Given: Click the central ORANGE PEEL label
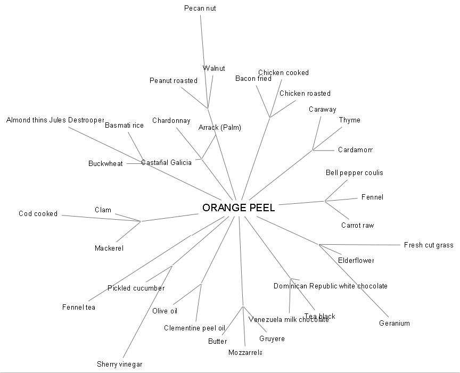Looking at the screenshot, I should (x=239, y=208).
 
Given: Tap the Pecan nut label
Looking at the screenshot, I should (x=200, y=8).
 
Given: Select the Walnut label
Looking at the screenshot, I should (x=214, y=68).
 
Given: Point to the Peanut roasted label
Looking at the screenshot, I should (x=174, y=80).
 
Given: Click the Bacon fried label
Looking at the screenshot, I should (x=253, y=79).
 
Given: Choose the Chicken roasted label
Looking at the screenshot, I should (x=305, y=93).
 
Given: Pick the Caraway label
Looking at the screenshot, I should (x=323, y=110).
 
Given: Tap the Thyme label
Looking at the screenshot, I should (x=350, y=120).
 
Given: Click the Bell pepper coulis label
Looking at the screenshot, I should (x=355, y=172).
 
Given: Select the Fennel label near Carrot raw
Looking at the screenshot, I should (x=372, y=197).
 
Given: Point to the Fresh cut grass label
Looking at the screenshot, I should (x=429, y=245).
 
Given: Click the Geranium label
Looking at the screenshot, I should (x=395, y=323).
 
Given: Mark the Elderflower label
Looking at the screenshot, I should (x=356, y=260).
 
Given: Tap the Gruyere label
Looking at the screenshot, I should (x=272, y=338).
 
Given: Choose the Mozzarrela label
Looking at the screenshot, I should (x=245, y=352).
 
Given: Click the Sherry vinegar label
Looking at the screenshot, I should (x=120, y=364).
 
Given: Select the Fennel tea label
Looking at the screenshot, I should (x=79, y=307).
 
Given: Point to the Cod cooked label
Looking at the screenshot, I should (x=38, y=213).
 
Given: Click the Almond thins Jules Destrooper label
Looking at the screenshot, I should (x=55, y=120).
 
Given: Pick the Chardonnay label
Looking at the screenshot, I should (x=171, y=121).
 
